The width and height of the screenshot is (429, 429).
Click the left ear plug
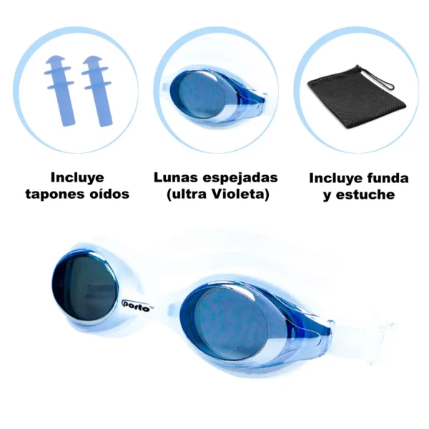point(59,90)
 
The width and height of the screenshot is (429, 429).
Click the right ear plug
point(97,90)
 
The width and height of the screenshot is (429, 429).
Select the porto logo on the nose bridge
point(137,306)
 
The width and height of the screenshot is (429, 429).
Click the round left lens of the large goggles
point(84,287)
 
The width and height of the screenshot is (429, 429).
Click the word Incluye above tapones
point(77,178)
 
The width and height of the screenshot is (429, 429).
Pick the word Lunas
point(176,177)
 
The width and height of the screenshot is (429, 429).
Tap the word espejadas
point(240,179)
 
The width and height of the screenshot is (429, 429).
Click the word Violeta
point(237,194)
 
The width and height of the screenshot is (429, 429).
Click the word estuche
point(365,195)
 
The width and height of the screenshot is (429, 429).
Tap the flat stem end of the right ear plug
point(106,124)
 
